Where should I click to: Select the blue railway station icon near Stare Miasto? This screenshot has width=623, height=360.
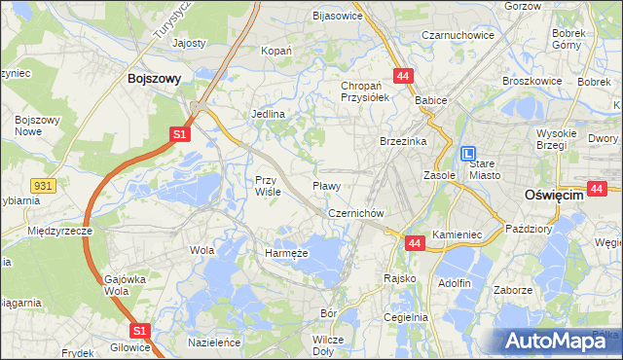pyautogui.click(x=469, y=154)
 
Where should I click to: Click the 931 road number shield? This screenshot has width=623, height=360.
pyautogui.click(x=41, y=184)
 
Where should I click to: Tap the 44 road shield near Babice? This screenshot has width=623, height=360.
pyautogui.click(x=402, y=75)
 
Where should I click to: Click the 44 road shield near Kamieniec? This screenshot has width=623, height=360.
pyautogui.click(x=414, y=242)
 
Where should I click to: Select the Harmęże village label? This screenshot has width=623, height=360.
pyautogui.click(x=286, y=253)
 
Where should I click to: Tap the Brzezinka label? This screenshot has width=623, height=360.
pyautogui.click(x=404, y=141)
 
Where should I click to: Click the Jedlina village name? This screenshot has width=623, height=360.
pyautogui.click(x=269, y=114)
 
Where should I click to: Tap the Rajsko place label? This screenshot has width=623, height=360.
pyautogui.click(x=399, y=278)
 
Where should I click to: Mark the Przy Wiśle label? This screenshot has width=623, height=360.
pyautogui.click(x=268, y=185)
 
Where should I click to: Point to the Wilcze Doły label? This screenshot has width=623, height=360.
pyautogui.click(x=328, y=344)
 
